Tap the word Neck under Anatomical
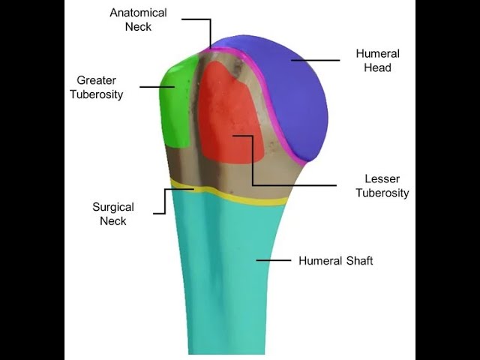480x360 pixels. [139, 27]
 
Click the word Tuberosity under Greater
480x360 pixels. [97, 94]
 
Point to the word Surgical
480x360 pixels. [113, 207]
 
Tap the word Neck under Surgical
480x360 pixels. [113, 221]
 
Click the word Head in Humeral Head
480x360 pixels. [379, 67]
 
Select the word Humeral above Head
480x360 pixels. [378, 54]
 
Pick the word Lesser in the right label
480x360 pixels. [382, 179]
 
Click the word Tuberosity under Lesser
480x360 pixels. [382, 193]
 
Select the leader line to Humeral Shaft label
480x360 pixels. [274, 260]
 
